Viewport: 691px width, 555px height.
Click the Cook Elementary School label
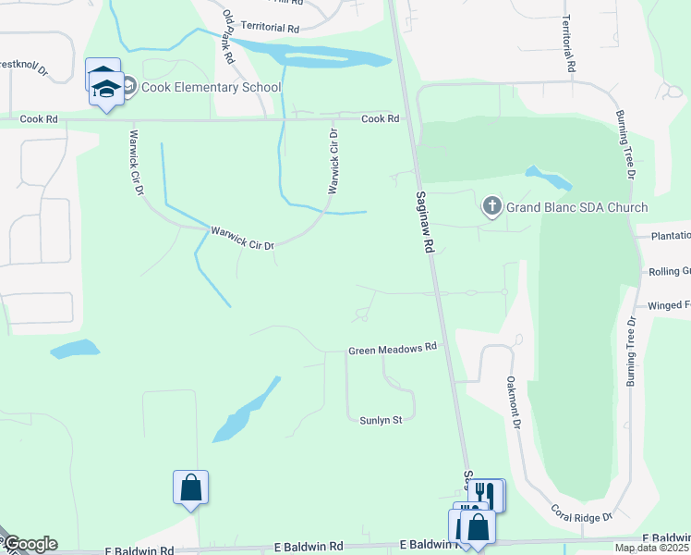tap(211, 88)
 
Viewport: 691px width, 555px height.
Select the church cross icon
tap(492, 206)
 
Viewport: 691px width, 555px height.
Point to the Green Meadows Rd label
tap(392, 351)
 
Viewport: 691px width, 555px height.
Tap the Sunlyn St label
tap(382, 420)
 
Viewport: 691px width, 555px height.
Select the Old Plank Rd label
tap(228, 37)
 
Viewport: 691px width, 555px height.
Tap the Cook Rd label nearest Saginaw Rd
tap(380, 118)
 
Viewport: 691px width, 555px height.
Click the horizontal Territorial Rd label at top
tap(270, 29)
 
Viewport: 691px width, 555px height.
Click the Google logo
tap(30, 544)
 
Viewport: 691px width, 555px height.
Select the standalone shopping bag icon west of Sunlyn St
tap(190, 487)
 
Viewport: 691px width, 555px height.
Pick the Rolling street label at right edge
tap(669, 271)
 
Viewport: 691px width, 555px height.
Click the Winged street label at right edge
tap(669, 305)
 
